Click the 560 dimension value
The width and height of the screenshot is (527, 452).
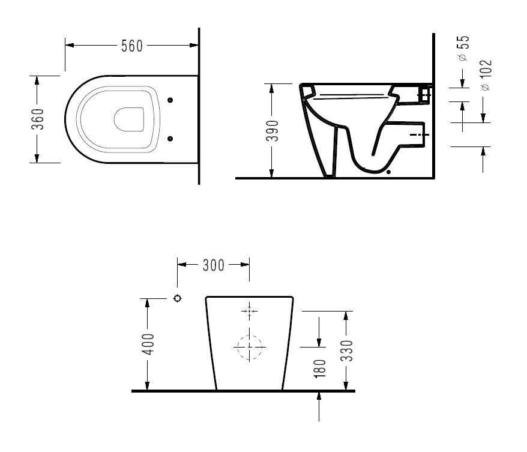pos(132,46)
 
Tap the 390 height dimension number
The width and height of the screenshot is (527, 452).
pos(273,130)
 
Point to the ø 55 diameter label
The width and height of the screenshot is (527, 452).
pos(463,48)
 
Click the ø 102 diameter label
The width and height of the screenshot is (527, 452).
pos(486,75)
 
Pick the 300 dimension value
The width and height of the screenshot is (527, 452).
pos(214,265)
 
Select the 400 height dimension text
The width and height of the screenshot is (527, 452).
pos(148,344)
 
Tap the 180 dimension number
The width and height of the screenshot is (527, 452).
pos(320,369)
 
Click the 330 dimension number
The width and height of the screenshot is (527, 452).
pos(347,351)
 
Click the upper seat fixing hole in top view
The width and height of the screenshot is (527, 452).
pos(170,100)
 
